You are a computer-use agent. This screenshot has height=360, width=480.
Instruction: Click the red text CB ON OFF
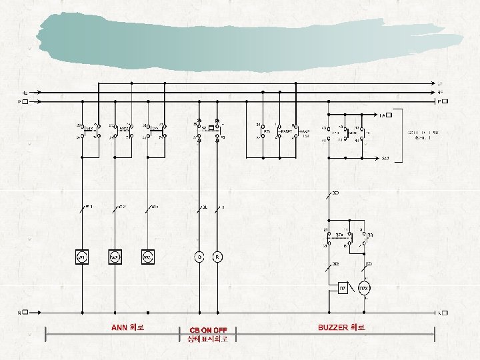tap(208, 330)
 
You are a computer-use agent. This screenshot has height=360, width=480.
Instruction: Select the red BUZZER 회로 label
tap(342, 327)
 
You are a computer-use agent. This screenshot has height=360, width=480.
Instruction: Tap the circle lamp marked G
tap(198, 257)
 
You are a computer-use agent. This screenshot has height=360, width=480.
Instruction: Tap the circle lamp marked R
tap(217, 257)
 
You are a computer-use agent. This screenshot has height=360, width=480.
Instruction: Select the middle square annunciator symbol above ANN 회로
tap(114, 257)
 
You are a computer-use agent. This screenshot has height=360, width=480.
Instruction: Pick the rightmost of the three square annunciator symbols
tap(147, 257)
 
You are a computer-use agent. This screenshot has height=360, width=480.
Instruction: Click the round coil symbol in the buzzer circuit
tap(364, 289)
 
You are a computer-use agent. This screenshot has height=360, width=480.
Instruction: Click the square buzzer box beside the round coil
tap(341, 289)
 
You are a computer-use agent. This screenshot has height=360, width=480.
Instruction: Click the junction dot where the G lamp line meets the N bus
tap(198, 312)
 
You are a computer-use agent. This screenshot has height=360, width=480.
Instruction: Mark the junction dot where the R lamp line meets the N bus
tap(217, 312)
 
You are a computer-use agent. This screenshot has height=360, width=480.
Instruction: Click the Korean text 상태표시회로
tap(208, 339)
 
